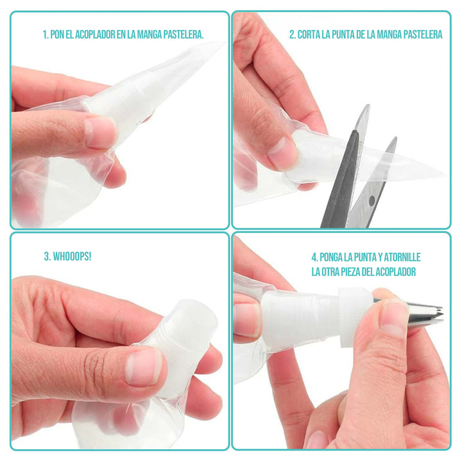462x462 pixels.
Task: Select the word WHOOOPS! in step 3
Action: tap(72, 256)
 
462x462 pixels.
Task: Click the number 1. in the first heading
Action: tap(46, 35)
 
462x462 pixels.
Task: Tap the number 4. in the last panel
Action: tap(314, 257)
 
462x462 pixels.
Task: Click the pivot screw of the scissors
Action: tap(372, 201)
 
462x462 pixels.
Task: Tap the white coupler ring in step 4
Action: tap(355, 317)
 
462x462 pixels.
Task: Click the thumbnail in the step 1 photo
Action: tap(99, 133)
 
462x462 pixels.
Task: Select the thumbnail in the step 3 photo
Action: tap(144, 367)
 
